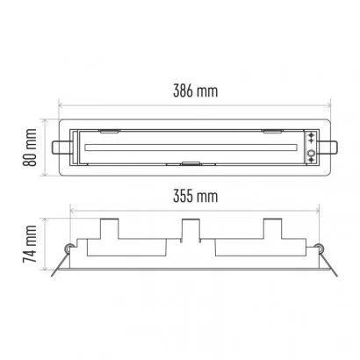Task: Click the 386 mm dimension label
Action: [195, 90]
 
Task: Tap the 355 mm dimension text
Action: [195, 196]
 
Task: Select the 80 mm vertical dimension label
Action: [30, 148]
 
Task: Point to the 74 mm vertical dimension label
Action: [30, 243]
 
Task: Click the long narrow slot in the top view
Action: [191, 148]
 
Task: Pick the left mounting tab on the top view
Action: [61, 148]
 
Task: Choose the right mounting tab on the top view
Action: [328, 148]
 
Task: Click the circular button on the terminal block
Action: [311, 153]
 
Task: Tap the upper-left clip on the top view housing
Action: [110, 132]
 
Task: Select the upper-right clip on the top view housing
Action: [273, 132]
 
